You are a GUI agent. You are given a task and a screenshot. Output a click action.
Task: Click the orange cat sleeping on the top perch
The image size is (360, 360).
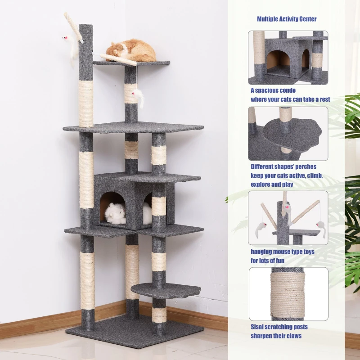coord(131,50)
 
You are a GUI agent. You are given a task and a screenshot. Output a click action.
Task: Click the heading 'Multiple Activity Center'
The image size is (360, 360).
coord(287,19)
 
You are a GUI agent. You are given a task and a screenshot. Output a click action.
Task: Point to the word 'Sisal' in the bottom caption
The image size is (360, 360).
coord(256,327)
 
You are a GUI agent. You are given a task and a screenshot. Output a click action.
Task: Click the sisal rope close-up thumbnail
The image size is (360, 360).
coord(288,294)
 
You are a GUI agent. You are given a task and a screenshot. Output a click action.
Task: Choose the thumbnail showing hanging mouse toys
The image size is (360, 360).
coord(288,218)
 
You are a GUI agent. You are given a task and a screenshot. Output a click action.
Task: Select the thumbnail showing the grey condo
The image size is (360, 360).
coord(288,58)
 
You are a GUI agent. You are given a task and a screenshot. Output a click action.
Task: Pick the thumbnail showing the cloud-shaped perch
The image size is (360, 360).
coord(288,134)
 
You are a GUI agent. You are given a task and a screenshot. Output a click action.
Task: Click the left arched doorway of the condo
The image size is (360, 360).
coord(113,208)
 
